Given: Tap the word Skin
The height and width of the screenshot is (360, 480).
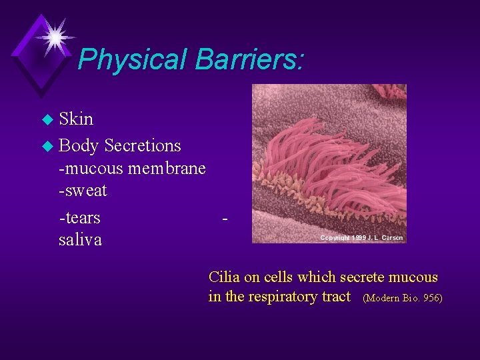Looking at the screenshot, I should (x=76, y=119).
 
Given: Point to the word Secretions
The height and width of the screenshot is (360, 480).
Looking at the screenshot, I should (x=143, y=145).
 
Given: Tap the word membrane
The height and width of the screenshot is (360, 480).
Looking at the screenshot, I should (x=167, y=169).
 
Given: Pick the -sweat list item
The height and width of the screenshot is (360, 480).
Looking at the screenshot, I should (x=83, y=191).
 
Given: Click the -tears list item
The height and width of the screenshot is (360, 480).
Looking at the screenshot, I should (x=80, y=218).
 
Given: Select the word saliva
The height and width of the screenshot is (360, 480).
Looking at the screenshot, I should (x=80, y=240).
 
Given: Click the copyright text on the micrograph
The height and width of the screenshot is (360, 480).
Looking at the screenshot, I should (x=363, y=238).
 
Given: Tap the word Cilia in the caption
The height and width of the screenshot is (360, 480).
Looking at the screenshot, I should (x=225, y=277).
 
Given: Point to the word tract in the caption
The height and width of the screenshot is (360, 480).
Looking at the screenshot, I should (x=336, y=297).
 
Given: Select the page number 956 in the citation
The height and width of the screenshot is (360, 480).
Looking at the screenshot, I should (x=428, y=298).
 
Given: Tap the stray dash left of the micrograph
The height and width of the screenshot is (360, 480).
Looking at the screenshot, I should (x=227, y=217).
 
